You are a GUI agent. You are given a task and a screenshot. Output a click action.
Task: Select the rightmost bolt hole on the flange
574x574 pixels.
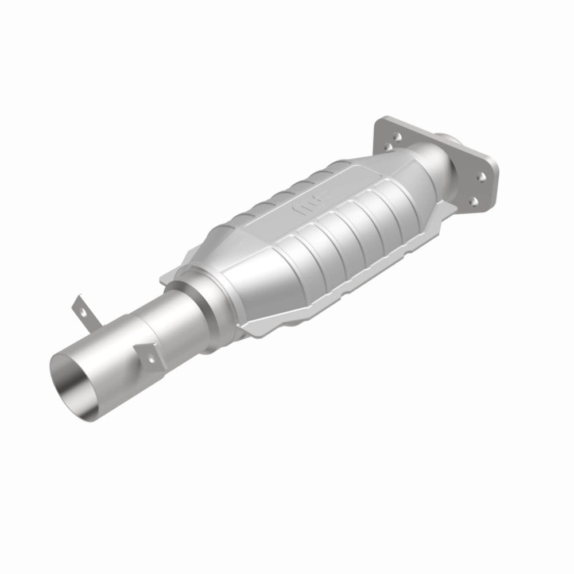[482, 179]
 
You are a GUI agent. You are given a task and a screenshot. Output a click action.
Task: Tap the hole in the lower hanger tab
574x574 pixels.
[151, 358]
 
